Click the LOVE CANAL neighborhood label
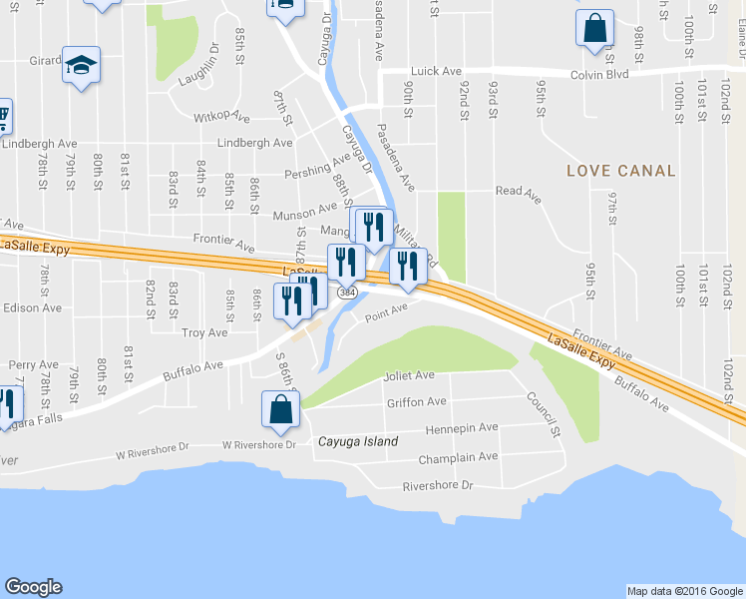coord(620,171)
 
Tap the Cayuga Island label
coord(357,441)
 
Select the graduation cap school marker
coord(81,67)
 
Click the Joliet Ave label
coord(409,376)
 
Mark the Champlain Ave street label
coord(459,457)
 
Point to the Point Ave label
coord(386,314)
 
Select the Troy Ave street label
coord(204,331)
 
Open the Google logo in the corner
coord(33,587)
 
